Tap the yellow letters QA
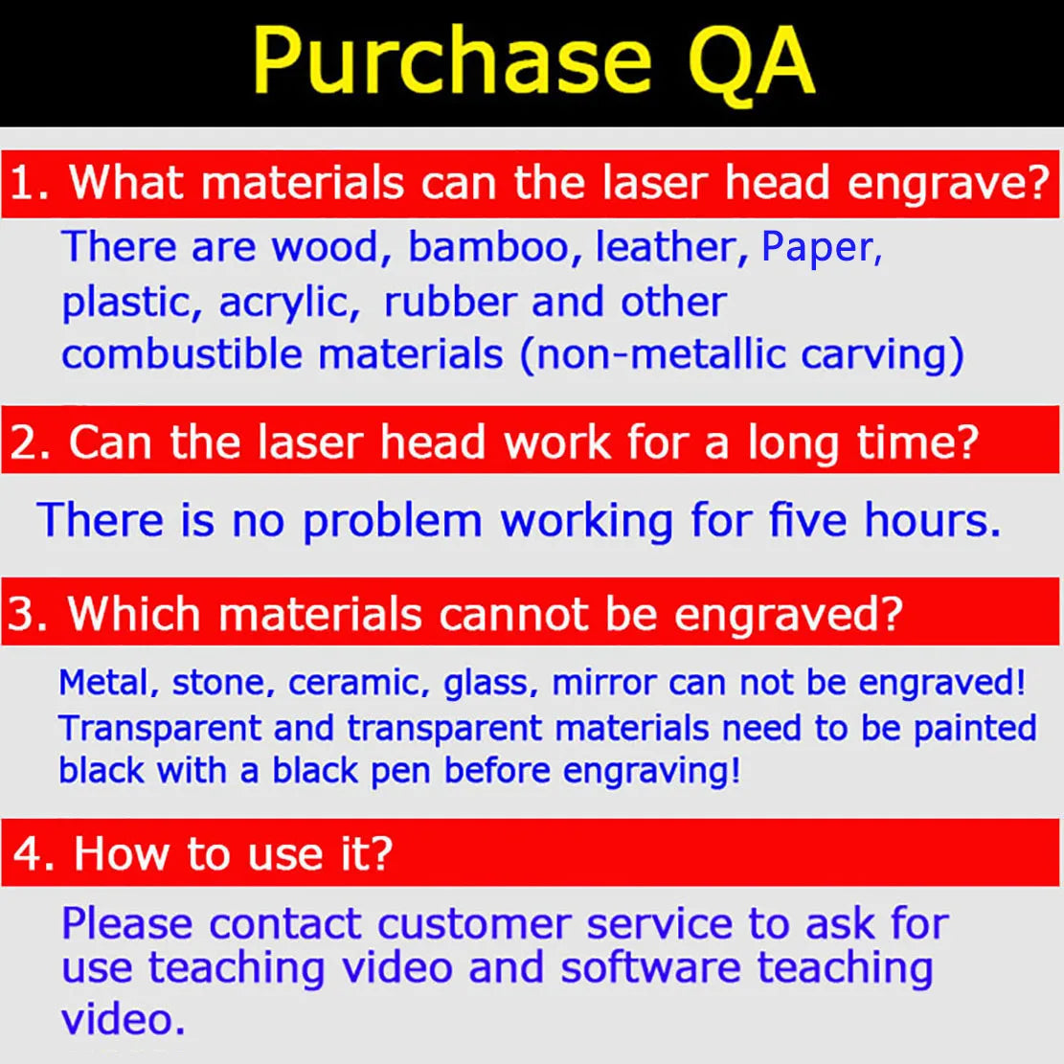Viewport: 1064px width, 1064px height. click(751, 62)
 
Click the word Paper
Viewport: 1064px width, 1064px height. click(821, 248)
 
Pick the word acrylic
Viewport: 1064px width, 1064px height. click(290, 304)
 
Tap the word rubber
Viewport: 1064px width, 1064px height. click(450, 301)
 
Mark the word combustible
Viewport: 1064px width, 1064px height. click(182, 354)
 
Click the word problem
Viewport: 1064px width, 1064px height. click(393, 522)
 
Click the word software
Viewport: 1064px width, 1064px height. click(650, 967)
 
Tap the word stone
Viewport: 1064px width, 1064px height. click(223, 683)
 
